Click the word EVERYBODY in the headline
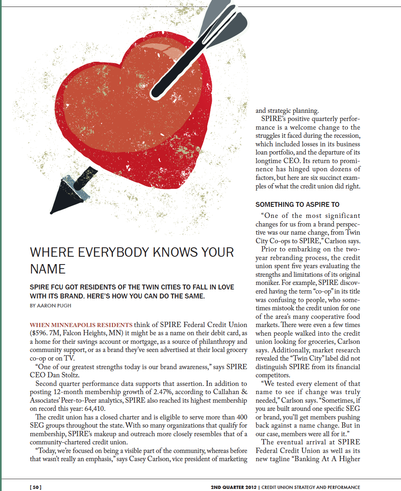109,252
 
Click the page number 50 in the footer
36,487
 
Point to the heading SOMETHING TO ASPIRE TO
298,204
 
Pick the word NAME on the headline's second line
47,269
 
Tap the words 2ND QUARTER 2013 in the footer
233,487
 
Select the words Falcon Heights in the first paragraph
94,333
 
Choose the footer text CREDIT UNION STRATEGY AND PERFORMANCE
310,487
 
